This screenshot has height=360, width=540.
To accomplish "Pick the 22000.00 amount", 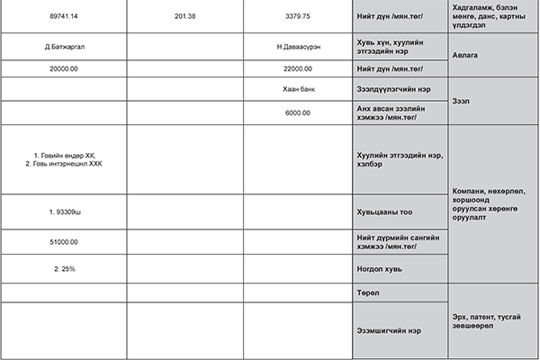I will click(x=296, y=68).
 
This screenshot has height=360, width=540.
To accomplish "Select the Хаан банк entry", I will click(x=296, y=91).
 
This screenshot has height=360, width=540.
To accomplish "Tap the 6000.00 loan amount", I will click(x=296, y=112).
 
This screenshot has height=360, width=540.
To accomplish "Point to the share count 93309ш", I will click(x=64, y=211).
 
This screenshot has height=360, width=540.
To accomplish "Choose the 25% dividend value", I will click(x=63, y=268).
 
